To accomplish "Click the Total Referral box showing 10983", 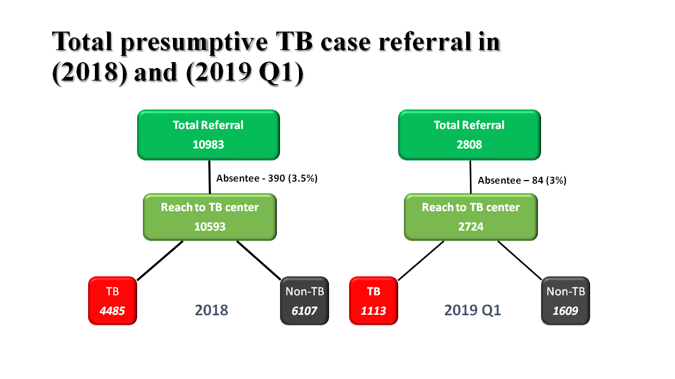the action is pos(208,135).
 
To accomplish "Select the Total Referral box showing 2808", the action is pos(469,135).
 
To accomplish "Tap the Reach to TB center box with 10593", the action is pos(210,217).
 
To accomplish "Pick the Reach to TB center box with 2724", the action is pos(471,217).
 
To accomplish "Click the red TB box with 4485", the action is pos(112,301).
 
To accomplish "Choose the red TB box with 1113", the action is pos(373,301).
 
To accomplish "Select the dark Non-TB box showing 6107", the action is pos(304,301).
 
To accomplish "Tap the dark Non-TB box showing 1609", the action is pos(565,301).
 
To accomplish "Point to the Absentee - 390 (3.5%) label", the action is pos(267,178).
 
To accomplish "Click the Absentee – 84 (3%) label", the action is pos(522,181).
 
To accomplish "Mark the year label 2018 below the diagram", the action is pos(211,310).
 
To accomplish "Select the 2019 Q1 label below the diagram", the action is pos(472,311).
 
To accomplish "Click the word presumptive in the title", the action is pos(195,43).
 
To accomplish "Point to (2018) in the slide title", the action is pos(90,73).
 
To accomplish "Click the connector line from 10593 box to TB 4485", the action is pos(160,261).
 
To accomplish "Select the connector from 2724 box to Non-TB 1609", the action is pos(520,260).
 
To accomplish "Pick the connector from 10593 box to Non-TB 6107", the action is pos(259,260).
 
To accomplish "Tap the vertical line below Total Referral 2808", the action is pos(470,177).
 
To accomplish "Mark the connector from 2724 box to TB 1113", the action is pos(421,261).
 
